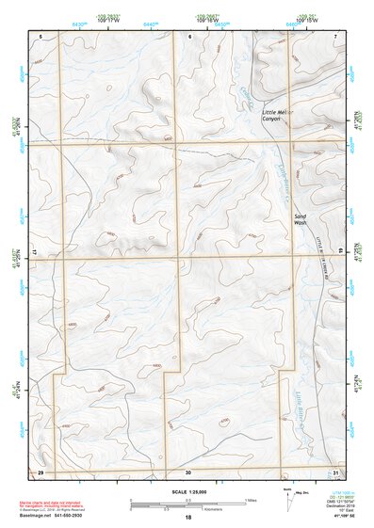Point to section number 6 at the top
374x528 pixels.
pyautogui.click(x=188, y=36)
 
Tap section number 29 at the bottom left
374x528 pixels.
pyautogui.click(x=41, y=471)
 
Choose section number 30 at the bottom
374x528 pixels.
pyautogui.click(x=188, y=472)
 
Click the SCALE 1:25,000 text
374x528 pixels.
pyautogui.click(x=187, y=492)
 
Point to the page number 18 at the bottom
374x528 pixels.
pyautogui.click(x=188, y=519)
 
